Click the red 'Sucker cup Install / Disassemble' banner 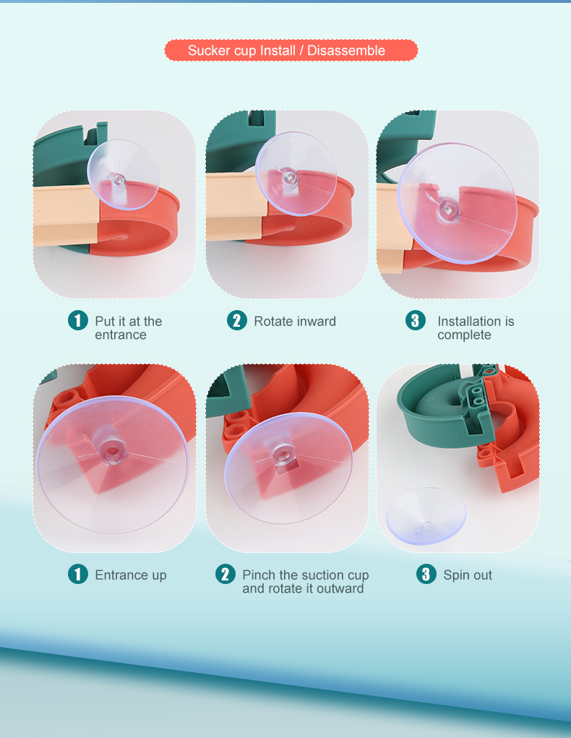[x=291, y=51]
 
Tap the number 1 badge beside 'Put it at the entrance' [x=78, y=320]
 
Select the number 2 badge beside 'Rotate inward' [x=237, y=320]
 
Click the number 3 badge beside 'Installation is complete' [x=415, y=320]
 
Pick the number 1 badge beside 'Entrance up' [x=78, y=574]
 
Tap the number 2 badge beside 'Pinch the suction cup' [x=226, y=574]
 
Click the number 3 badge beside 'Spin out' [x=426, y=574]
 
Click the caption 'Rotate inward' [x=295, y=322]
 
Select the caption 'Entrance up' [x=130, y=575]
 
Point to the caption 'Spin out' [x=468, y=575]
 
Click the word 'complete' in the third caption [x=464, y=335]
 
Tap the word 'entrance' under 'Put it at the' [x=121, y=335]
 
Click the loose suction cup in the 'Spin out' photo [x=426, y=516]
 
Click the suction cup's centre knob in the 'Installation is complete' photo [x=449, y=208]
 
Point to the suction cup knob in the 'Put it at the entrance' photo [x=117, y=180]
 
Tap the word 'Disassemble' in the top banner [x=346, y=51]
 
